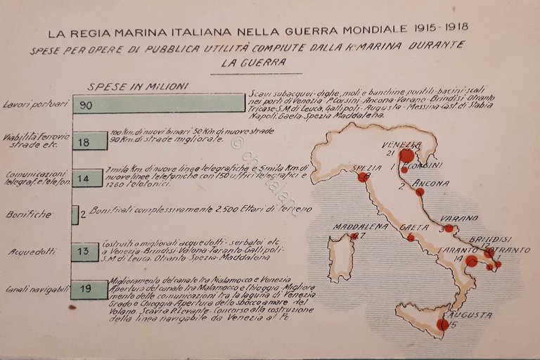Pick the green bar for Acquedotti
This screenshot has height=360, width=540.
(x=85, y=252)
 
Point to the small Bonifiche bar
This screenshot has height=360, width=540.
(x=75, y=214)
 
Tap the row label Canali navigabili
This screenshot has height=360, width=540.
(x=35, y=289)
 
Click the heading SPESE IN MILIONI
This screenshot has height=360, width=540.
(x=138, y=86)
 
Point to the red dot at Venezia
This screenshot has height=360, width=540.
(x=406, y=155)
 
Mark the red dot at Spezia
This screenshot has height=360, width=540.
(x=363, y=177)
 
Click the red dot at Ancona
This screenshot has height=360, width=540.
(x=420, y=192)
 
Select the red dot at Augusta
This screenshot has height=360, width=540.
(x=442, y=324)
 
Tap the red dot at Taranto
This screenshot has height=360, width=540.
(x=471, y=261)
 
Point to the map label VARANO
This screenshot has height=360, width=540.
(x=459, y=219)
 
